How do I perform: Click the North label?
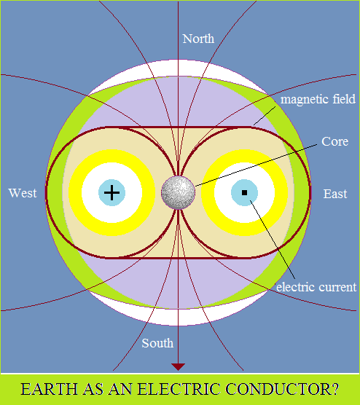(198, 39)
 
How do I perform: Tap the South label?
(157, 343)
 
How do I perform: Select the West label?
(23, 193)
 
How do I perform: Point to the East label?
(335, 194)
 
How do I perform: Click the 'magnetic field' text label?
(318, 100)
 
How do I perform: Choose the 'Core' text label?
(335, 141)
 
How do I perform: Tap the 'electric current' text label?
(316, 287)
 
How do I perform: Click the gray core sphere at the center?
(178, 193)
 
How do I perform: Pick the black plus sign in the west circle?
(111, 193)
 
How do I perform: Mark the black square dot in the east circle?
(244, 193)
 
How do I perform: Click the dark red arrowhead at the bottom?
(178, 367)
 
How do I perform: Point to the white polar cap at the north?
(179, 68)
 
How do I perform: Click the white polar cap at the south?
(179, 317)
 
